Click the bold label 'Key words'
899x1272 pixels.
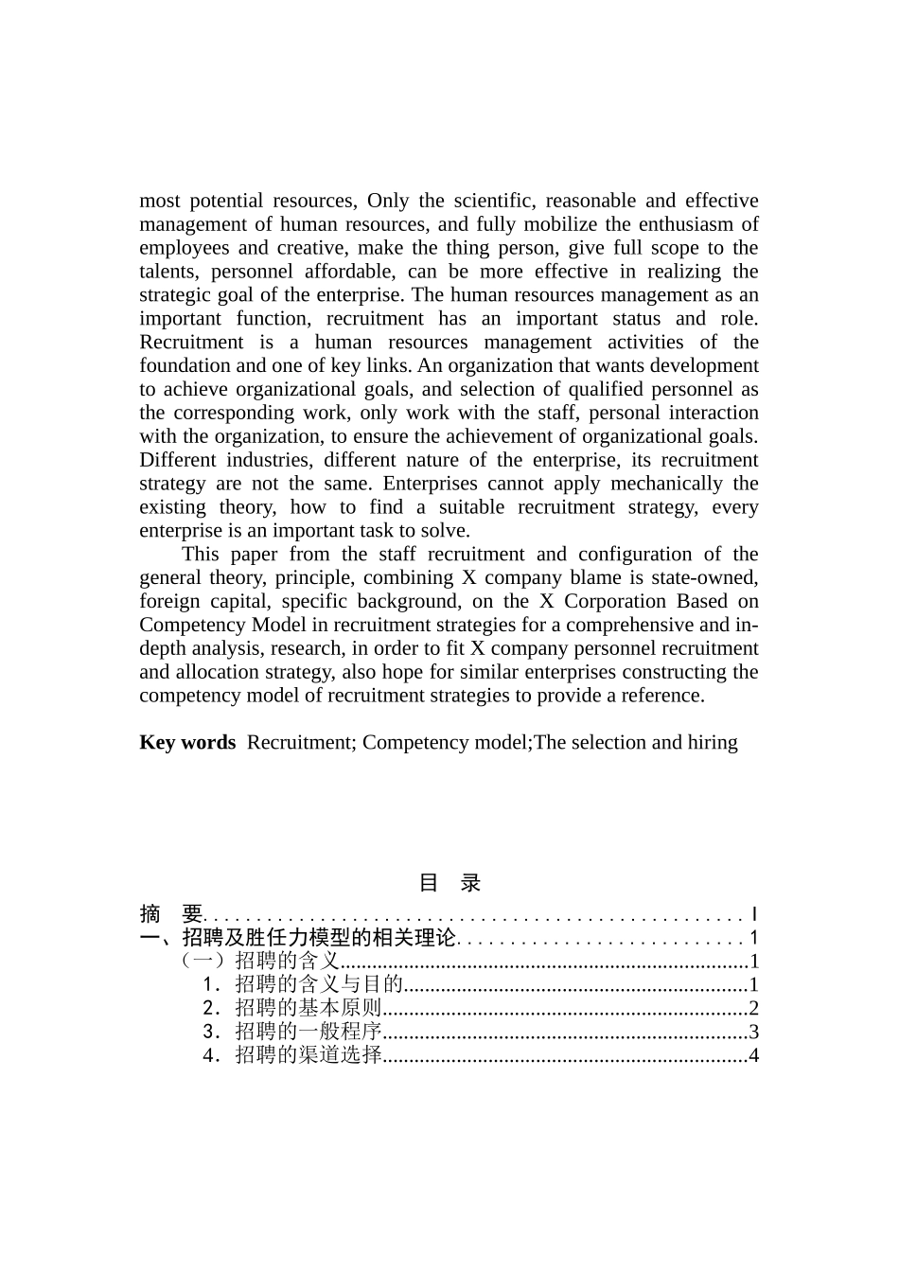(186, 742)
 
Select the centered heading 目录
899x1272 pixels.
(449, 883)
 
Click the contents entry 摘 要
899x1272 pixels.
(171, 914)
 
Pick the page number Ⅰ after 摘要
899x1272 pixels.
(753, 914)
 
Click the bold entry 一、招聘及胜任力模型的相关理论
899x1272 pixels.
(298, 938)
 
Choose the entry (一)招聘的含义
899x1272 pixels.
(259, 962)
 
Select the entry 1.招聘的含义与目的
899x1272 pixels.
(303, 985)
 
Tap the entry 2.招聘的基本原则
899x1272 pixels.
(291, 1009)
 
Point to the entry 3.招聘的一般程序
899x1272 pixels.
(291, 1032)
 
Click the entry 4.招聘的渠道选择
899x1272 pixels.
(291, 1055)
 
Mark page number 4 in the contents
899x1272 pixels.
(753, 1055)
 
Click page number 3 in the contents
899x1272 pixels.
(753, 1032)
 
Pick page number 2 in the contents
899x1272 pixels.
(753, 1009)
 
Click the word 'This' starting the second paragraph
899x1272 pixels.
(200, 555)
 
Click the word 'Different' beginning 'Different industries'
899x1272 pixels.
(177, 460)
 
